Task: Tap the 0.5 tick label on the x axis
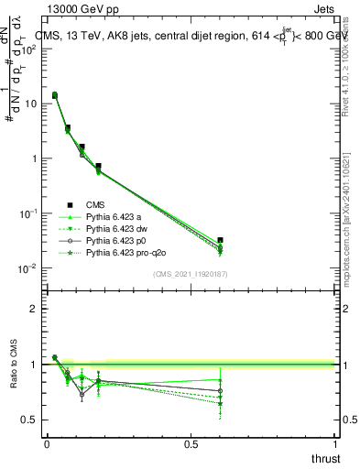click(x=191, y=443)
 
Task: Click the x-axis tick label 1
click(x=335, y=443)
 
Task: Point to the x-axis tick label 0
click(x=47, y=443)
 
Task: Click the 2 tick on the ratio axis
click(x=34, y=309)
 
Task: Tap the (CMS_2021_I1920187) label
click(x=191, y=274)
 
